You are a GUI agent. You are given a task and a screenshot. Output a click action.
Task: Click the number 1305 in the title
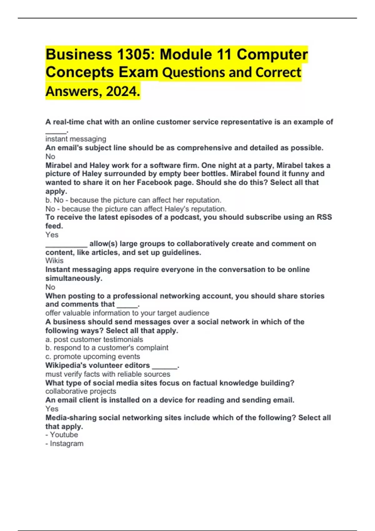[135, 54]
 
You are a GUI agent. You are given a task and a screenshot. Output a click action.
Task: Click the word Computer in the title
[272, 54]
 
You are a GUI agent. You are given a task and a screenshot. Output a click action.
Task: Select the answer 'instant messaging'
[76, 139]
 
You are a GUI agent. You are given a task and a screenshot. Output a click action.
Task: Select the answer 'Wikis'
[54, 261]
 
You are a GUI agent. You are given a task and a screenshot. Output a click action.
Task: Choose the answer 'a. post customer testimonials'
[94, 340]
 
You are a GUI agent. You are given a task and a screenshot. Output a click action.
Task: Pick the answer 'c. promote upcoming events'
[92, 357]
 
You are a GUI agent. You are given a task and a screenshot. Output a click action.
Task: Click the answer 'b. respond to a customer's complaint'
[107, 348]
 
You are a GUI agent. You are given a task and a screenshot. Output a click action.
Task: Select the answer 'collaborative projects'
[81, 391]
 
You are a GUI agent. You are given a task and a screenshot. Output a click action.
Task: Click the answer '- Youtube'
[62, 435]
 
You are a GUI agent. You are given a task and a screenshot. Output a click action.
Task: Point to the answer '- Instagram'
[64, 444]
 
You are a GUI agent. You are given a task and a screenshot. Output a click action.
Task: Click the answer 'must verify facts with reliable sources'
[108, 374]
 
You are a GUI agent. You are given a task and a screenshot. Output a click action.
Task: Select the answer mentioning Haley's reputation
[136, 209]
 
